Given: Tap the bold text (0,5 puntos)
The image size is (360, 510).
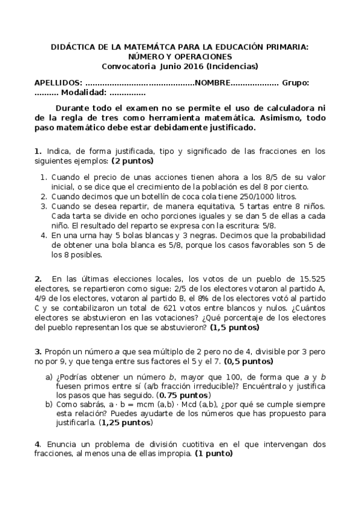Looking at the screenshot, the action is pos(248,362).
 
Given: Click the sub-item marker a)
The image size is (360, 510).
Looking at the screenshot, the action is pos(49,376).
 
